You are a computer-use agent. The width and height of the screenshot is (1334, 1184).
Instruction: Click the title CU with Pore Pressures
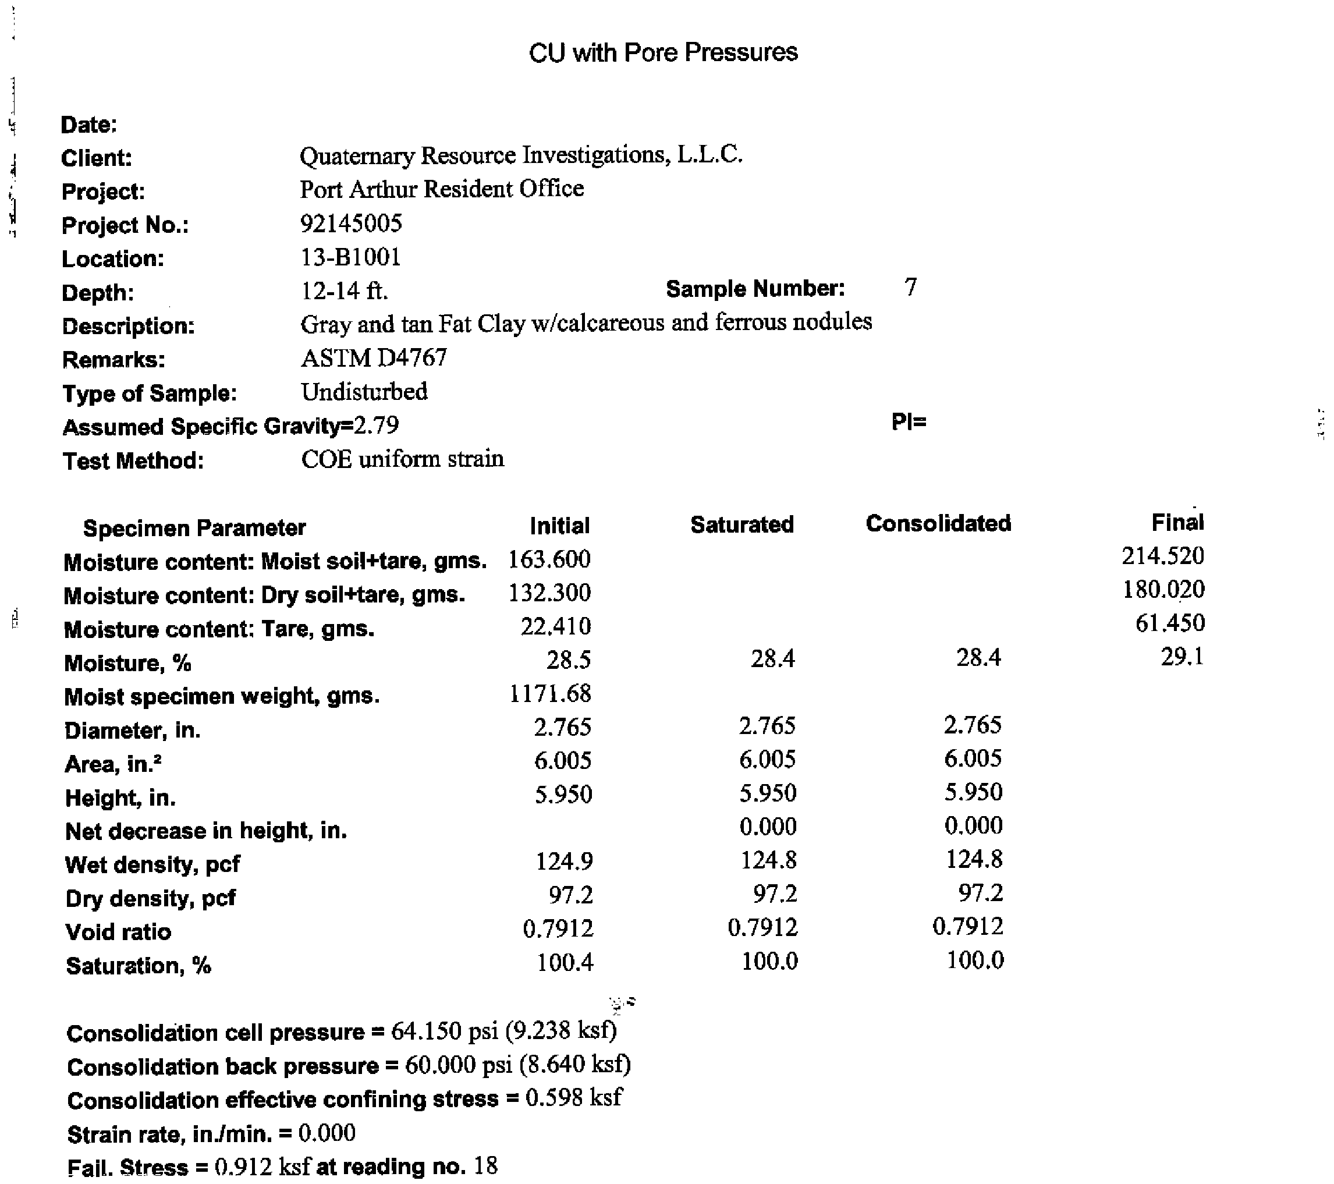663,52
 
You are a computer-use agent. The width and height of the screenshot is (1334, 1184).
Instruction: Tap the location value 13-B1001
350,257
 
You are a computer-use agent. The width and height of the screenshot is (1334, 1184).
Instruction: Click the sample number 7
910,287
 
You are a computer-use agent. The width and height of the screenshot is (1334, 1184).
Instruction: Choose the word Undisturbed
364,392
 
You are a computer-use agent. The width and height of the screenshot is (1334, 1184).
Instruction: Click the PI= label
909,422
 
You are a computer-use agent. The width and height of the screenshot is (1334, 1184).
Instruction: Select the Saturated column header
742,524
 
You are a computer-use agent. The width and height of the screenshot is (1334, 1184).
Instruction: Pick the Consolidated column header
938,523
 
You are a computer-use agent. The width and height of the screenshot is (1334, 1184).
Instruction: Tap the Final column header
1177,522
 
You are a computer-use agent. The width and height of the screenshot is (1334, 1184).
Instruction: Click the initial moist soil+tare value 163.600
549,559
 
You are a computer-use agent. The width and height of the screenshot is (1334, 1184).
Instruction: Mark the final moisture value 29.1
1182,657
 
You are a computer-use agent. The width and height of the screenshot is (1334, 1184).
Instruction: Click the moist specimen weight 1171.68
550,693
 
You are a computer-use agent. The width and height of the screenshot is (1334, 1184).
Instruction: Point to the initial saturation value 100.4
565,962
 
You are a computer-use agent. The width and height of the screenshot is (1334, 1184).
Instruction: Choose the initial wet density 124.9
564,862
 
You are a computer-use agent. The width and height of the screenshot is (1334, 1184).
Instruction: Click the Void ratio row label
118,931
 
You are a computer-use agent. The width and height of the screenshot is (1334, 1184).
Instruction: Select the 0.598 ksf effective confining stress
574,1098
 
